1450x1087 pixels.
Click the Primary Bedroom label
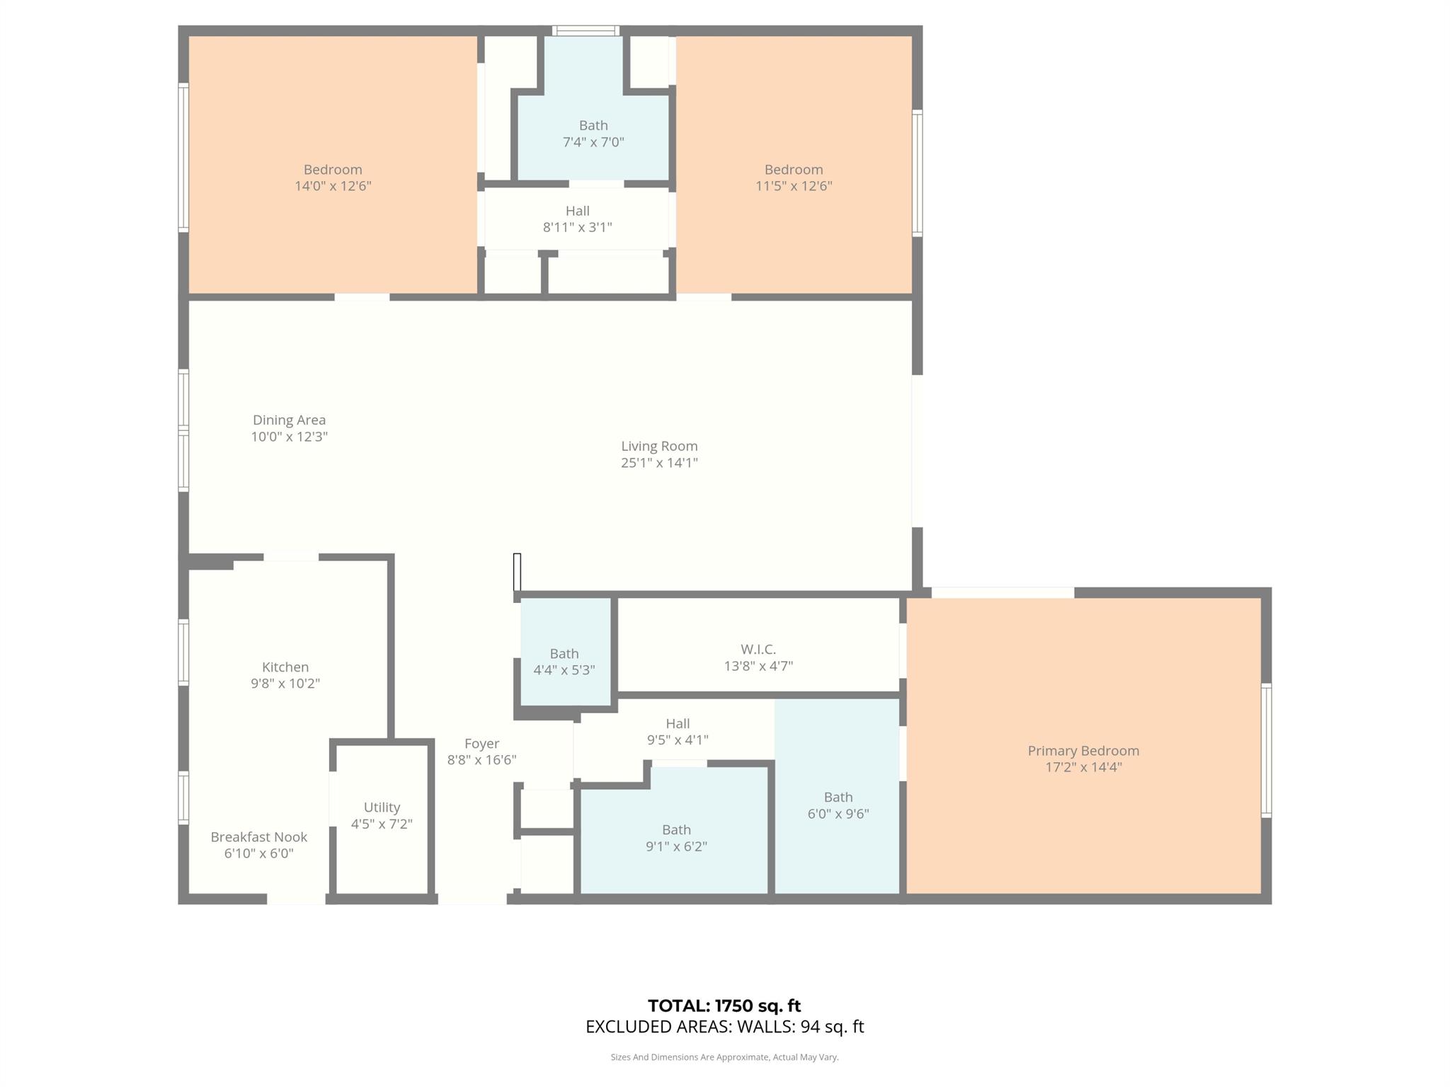[1083, 751]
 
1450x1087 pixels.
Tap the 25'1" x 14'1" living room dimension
[659, 463]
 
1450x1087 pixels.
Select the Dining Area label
[289, 420]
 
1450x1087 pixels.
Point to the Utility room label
[382, 807]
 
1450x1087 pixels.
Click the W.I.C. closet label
[758, 649]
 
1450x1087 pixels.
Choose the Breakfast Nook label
[258, 837]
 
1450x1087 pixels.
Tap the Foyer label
[481, 744]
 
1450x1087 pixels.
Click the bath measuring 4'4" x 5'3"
[564, 662]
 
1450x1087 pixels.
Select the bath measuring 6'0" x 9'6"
[838, 805]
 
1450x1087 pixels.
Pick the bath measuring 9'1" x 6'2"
[676, 838]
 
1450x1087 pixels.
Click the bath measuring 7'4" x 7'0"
[593, 134]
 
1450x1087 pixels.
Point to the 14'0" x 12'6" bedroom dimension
[333, 186]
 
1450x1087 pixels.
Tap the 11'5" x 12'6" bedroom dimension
[794, 186]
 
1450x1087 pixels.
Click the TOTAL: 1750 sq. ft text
[724, 1006]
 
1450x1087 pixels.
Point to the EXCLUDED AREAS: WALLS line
[724, 1027]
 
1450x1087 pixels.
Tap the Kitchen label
[285, 667]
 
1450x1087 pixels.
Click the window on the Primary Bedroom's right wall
[1267, 750]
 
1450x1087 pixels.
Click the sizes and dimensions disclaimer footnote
[724, 1057]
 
